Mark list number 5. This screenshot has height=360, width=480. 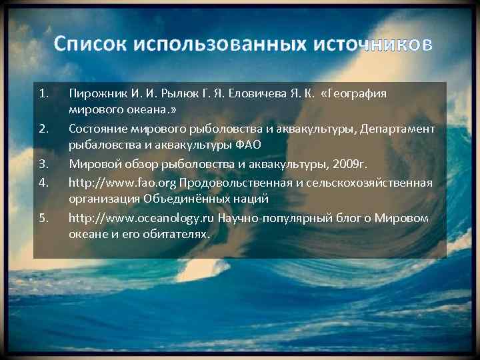tap(43, 217)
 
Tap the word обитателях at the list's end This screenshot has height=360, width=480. tap(177, 235)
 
